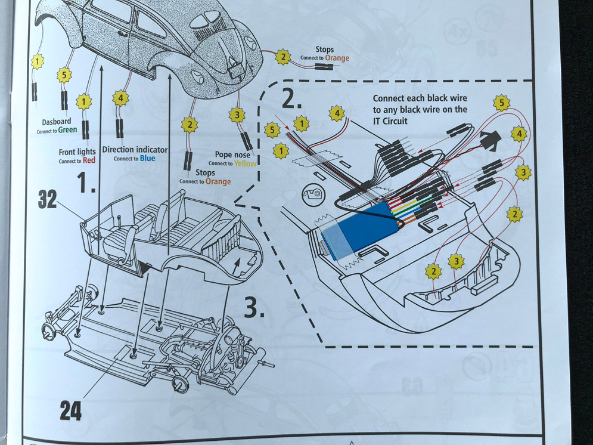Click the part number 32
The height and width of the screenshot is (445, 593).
click(47, 200)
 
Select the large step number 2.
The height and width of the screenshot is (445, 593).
click(288, 97)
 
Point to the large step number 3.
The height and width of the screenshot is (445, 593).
click(255, 307)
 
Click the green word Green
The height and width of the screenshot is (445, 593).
click(68, 131)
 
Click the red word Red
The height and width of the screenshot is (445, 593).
click(89, 161)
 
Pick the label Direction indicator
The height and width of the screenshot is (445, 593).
click(135, 149)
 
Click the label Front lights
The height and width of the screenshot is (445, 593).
click(77, 152)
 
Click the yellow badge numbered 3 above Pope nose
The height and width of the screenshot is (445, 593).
click(237, 115)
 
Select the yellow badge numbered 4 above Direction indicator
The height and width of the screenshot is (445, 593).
click(121, 97)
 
